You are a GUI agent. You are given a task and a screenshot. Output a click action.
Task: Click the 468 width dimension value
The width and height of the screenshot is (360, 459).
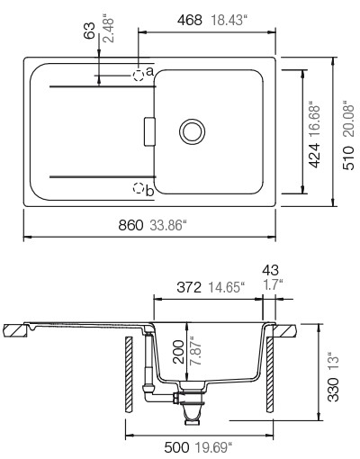(190, 21)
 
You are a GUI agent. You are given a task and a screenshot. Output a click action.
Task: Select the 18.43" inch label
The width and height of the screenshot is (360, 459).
(229, 21)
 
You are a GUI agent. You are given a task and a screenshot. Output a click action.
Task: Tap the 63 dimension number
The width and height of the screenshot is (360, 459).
(89, 31)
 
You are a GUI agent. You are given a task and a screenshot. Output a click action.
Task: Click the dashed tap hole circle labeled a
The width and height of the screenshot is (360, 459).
(139, 76)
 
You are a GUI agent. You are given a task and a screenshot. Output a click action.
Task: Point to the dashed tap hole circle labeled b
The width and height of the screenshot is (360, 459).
(139, 188)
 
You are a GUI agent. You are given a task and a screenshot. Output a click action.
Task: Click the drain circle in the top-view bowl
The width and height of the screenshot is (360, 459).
(192, 131)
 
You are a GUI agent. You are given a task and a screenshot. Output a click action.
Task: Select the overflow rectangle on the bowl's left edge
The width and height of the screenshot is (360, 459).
(149, 131)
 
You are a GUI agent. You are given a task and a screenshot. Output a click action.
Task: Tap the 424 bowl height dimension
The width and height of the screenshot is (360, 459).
(314, 155)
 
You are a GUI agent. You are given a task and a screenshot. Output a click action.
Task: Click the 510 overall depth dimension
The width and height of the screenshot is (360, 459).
(348, 158)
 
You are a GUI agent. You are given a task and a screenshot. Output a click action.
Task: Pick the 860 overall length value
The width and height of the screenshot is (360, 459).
(130, 225)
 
